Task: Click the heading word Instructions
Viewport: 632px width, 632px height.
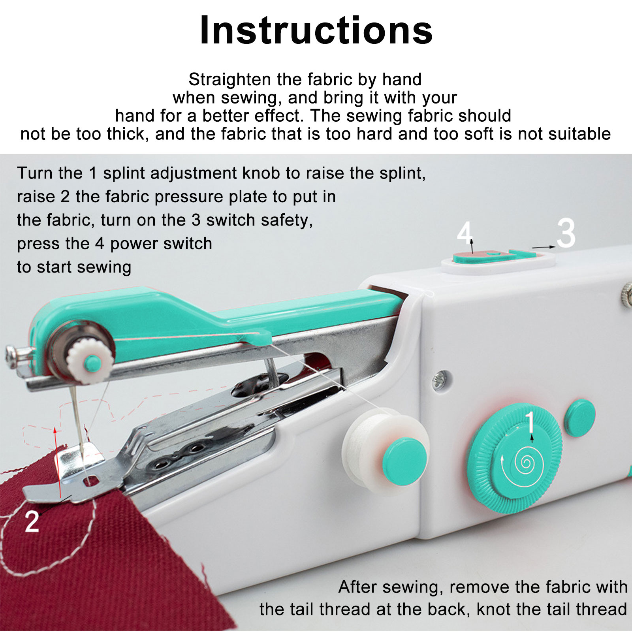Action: pyautogui.click(x=316, y=30)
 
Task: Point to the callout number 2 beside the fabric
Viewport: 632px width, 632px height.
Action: pyautogui.click(x=32, y=521)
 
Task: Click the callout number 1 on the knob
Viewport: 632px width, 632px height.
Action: pyautogui.click(x=530, y=422)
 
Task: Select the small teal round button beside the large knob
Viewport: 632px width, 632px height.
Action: pyautogui.click(x=580, y=418)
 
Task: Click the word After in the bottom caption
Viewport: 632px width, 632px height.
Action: pyautogui.click(x=357, y=587)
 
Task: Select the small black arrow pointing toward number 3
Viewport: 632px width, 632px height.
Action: pyautogui.click(x=544, y=247)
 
